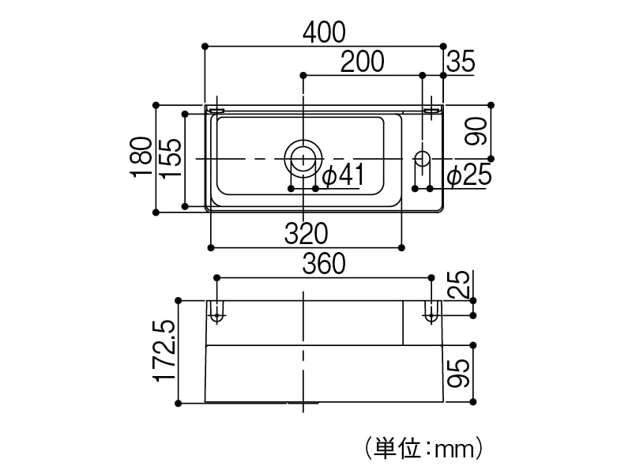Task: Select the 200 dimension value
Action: pyautogui.click(x=363, y=61)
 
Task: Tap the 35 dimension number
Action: pyautogui.click(x=461, y=61)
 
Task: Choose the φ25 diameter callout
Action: pyautogui.click(x=469, y=175)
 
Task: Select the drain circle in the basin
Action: pyautogui.click(x=303, y=157)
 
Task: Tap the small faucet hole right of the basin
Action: pyautogui.click(x=422, y=158)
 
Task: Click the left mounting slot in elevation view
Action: pyautogui.click(x=216, y=310)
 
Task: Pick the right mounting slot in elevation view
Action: pyautogui.click(x=431, y=310)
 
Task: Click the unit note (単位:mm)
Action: pyautogui.click(x=423, y=450)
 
